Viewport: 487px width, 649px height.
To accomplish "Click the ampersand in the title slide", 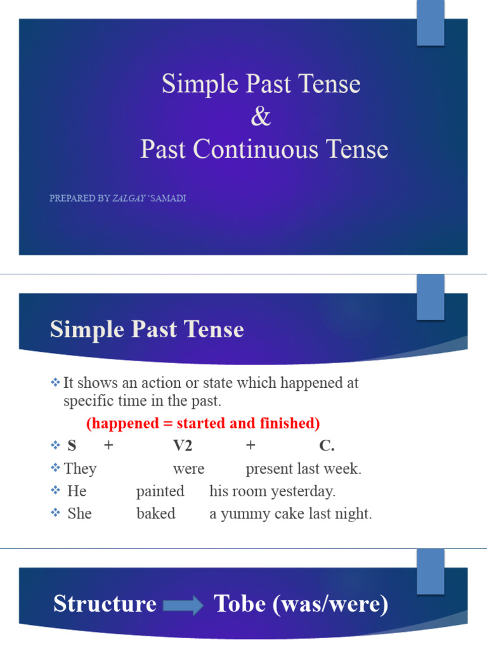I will pyautogui.click(x=261, y=117).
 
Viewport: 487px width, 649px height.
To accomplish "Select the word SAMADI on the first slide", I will pyautogui.click(x=168, y=198).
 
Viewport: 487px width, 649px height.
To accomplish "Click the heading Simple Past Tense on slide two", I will pyautogui.click(x=146, y=330).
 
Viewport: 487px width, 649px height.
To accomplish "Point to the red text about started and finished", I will pyautogui.click(x=203, y=423).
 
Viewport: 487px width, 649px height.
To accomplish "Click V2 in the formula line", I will pyautogui.click(x=183, y=446).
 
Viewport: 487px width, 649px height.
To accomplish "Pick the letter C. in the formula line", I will pyautogui.click(x=327, y=446).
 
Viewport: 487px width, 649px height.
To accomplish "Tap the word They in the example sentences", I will pyautogui.click(x=80, y=469).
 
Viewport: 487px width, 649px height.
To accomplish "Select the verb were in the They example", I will pyautogui.click(x=188, y=469).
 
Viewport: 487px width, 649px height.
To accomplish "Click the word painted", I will pyautogui.click(x=160, y=491).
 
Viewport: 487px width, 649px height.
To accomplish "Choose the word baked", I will pyautogui.click(x=156, y=513).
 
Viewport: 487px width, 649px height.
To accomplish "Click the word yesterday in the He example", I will pyautogui.click(x=307, y=491).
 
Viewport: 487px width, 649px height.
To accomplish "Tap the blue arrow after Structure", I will pyautogui.click(x=183, y=606).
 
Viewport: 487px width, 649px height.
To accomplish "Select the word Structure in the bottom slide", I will pyautogui.click(x=105, y=604).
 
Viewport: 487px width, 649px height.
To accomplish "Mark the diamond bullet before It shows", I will pyautogui.click(x=55, y=383).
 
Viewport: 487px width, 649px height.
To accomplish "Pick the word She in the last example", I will pyautogui.click(x=79, y=513).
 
